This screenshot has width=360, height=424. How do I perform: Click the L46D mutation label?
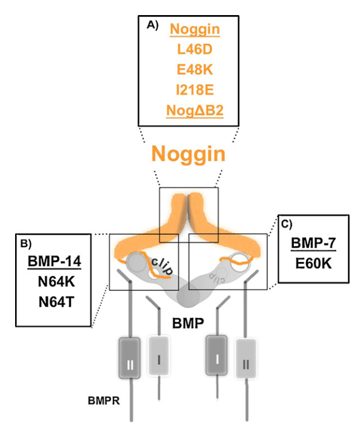pos(195,49)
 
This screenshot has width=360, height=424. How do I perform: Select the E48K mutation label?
pos(195,70)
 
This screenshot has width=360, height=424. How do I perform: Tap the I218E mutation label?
pos(195,90)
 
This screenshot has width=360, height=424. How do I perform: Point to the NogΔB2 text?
pos(195,110)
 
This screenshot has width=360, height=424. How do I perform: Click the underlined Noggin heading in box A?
pos(195,29)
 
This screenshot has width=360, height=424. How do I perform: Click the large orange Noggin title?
pos(188,154)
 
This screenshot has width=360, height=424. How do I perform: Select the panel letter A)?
pos(152,25)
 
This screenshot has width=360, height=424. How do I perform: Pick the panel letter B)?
pos(26,244)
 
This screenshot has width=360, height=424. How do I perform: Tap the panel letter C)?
pos(287,224)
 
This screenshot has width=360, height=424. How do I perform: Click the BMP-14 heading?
pos(55,261)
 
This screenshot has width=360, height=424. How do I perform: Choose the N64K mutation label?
pos(56,282)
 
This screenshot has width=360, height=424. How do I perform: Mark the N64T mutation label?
pos(56,302)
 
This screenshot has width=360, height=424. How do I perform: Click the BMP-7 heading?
pos(314,243)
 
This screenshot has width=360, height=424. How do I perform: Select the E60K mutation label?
pos(314,263)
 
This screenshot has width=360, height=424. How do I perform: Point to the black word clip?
pos(162,266)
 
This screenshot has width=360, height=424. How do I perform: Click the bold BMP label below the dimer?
pos(188,323)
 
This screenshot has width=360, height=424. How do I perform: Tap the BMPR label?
pos(104,401)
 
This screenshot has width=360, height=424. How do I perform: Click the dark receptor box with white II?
pos(129,357)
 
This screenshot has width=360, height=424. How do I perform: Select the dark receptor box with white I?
pos(217,355)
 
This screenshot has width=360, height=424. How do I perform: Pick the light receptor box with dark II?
pos(246,359)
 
